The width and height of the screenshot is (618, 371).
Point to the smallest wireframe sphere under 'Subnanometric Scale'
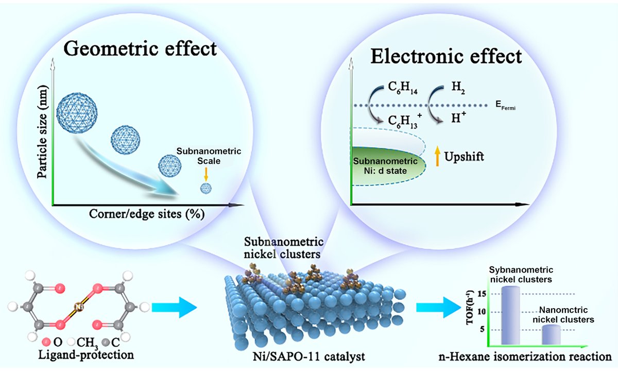click(205, 189)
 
